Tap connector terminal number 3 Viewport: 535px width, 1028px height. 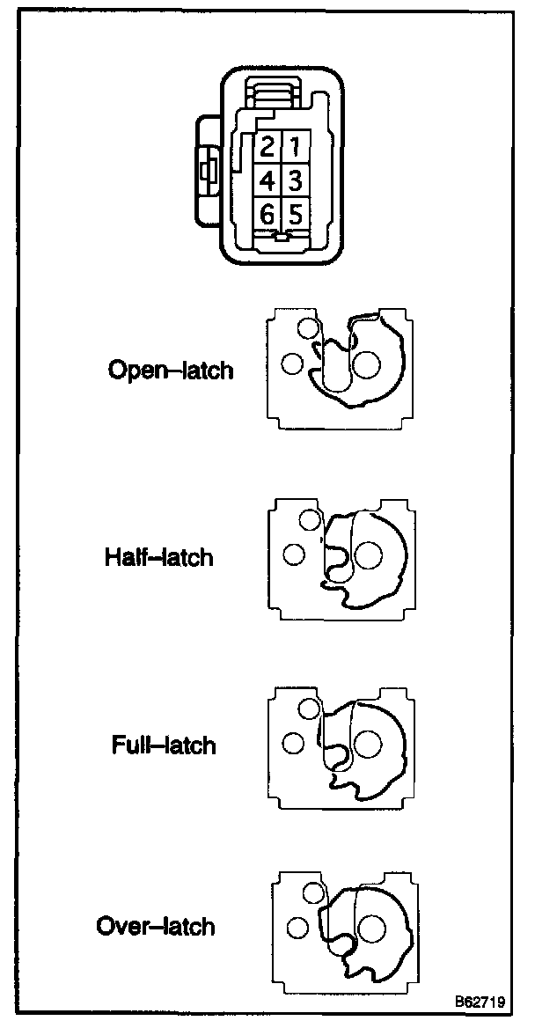pyautogui.click(x=296, y=180)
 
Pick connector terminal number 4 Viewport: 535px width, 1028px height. pyautogui.click(x=268, y=180)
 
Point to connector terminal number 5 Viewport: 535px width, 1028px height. pyautogui.click(x=296, y=214)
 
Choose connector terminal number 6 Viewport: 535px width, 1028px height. pyautogui.click(x=268, y=214)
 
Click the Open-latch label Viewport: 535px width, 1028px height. pyautogui.click(x=171, y=370)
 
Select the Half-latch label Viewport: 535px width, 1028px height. pyautogui.click(x=158, y=557)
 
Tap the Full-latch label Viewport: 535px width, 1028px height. pyautogui.click(x=164, y=745)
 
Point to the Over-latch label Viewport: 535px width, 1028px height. pyautogui.click(x=156, y=926)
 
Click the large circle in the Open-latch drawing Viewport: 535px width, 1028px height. pyautogui.click(x=365, y=364)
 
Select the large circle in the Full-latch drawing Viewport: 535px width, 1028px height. pyautogui.click(x=368, y=744)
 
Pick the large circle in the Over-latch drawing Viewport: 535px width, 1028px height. pyautogui.click(x=373, y=927)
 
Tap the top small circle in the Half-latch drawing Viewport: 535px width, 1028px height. pyautogui.click(x=310, y=520)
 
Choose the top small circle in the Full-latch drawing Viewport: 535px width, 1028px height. pyautogui.click(x=310, y=709)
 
